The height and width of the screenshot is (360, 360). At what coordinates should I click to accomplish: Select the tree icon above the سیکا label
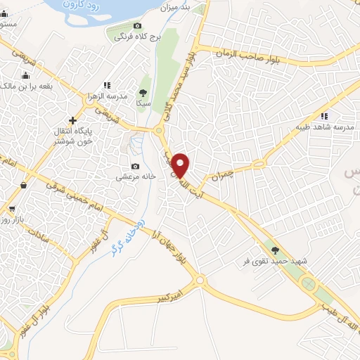(143, 91)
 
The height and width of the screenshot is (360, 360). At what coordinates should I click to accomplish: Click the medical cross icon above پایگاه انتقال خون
(72, 121)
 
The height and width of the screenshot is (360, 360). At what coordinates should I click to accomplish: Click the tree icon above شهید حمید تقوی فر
(276, 250)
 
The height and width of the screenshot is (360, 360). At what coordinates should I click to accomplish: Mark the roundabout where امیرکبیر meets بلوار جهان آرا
(200, 281)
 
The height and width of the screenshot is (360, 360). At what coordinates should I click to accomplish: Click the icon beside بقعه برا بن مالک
(25, 75)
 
